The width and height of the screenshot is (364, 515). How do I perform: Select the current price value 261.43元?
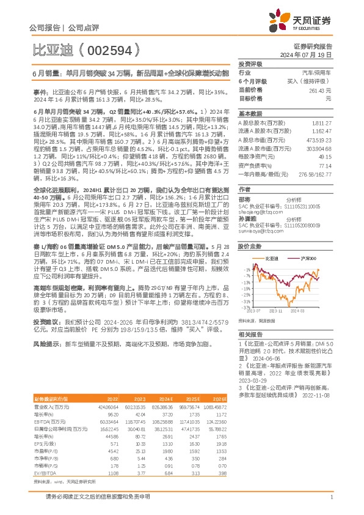point(321,90)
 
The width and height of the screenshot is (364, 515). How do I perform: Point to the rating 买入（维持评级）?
point(310,81)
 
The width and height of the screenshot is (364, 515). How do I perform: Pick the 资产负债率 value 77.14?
point(325,165)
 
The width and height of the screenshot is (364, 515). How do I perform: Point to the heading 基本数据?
point(249,114)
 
